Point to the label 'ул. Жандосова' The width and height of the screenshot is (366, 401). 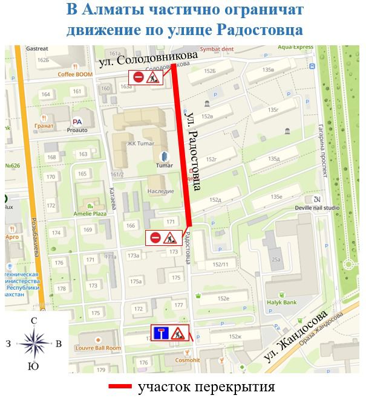pyautogui.click(x=295, y=336)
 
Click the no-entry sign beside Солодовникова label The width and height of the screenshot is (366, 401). pyautogui.click(x=138, y=77)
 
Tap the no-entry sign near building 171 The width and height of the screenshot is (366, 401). pyautogui.click(x=155, y=238)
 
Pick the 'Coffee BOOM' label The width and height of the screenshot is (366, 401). pyautogui.click(x=74, y=74)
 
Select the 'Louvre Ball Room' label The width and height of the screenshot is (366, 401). pyautogui.click(x=97, y=348)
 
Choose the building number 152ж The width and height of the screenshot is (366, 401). pyautogui.click(x=235, y=336)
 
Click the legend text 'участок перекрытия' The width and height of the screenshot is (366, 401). pyautogui.click(x=206, y=387)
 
